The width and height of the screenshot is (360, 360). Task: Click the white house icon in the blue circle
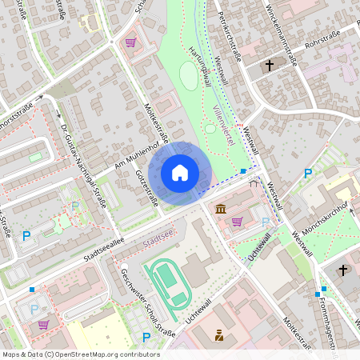179,172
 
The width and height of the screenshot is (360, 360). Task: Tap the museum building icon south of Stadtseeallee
220,210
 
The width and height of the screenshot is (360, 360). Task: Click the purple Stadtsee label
157,239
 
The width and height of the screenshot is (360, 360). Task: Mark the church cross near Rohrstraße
270,65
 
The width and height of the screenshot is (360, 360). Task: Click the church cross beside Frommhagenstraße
343,270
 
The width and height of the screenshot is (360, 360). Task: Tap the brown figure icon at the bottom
218,334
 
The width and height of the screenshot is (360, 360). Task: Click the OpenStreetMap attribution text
80,354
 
